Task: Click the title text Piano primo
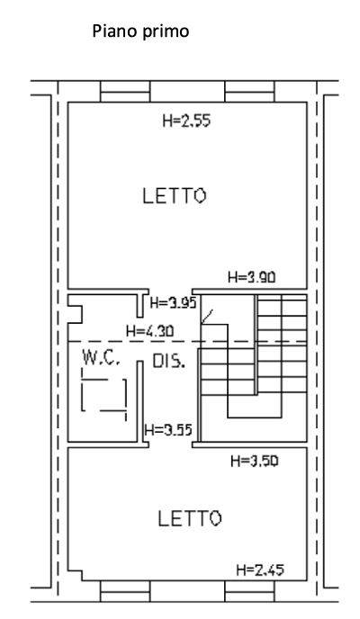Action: pos(140,31)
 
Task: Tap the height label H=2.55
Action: pos(186,121)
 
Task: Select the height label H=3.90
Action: pos(251,277)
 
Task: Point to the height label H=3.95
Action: pos(174,303)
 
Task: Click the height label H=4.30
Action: pos(149,331)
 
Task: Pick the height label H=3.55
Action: pos(168,430)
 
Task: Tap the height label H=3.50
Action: pos(254,461)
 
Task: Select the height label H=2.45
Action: pos(260,570)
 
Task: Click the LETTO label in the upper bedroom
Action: pos(174,196)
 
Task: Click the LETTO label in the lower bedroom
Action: pos(190,518)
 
